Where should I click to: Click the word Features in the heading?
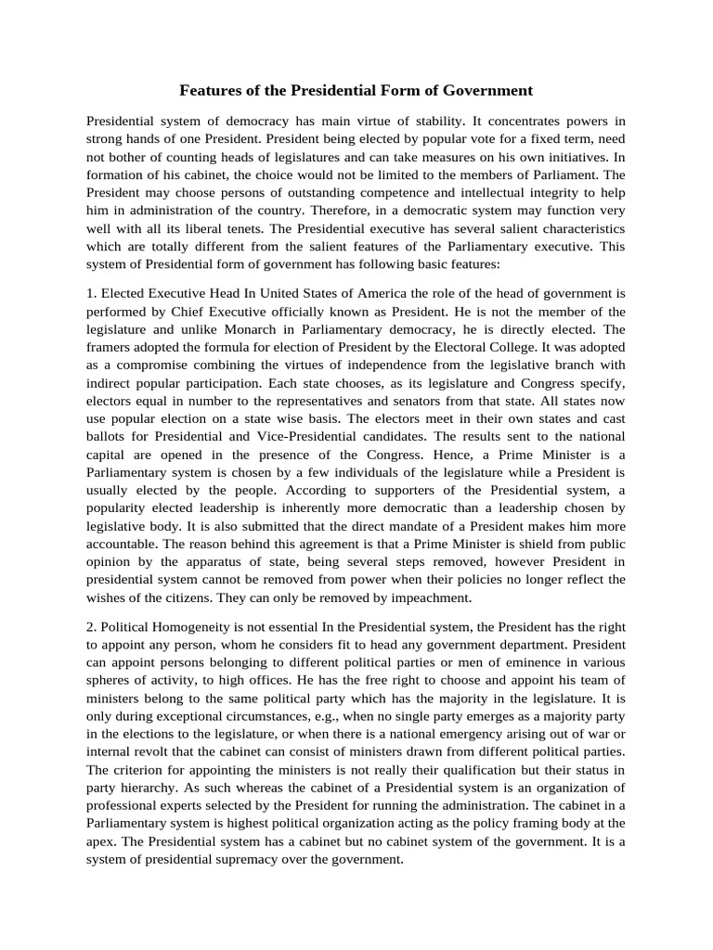[211, 91]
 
